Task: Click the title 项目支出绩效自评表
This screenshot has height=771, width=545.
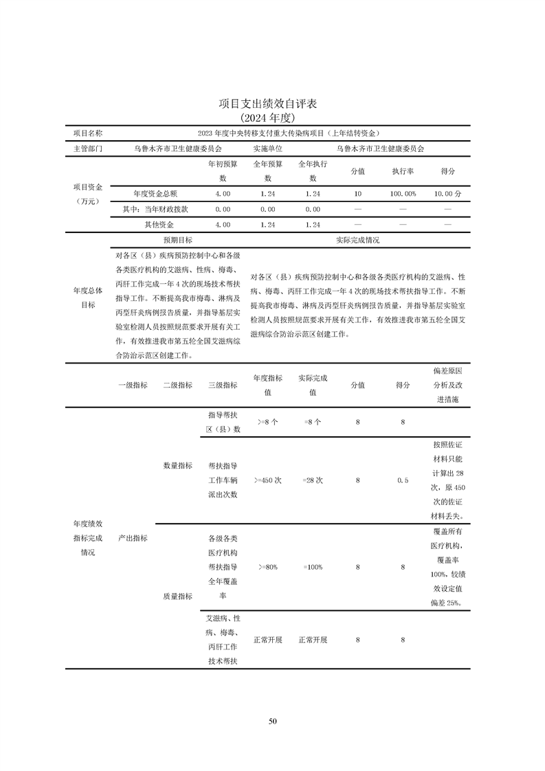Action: (x=272, y=103)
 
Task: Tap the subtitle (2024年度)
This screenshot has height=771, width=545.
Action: (x=272, y=118)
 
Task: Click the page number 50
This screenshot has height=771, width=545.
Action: (x=272, y=721)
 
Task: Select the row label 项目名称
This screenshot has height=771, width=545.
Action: (x=88, y=133)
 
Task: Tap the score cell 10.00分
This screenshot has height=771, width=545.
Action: (x=447, y=194)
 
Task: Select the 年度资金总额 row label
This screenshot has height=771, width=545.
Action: (x=155, y=194)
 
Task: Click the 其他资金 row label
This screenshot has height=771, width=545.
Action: (x=159, y=225)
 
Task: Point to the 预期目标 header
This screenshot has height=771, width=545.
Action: (x=177, y=241)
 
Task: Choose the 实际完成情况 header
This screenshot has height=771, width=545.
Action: (x=357, y=241)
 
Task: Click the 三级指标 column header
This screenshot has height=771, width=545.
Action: (x=223, y=385)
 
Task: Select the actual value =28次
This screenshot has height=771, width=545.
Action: (x=313, y=480)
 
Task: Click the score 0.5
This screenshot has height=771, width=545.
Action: (x=403, y=480)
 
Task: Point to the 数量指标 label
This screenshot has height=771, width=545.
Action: (x=177, y=465)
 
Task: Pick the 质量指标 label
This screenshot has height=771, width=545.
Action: (x=177, y=596)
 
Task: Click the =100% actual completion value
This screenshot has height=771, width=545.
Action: (x=313, y=567)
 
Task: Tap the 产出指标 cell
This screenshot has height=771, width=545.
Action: (x=133, y=537)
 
